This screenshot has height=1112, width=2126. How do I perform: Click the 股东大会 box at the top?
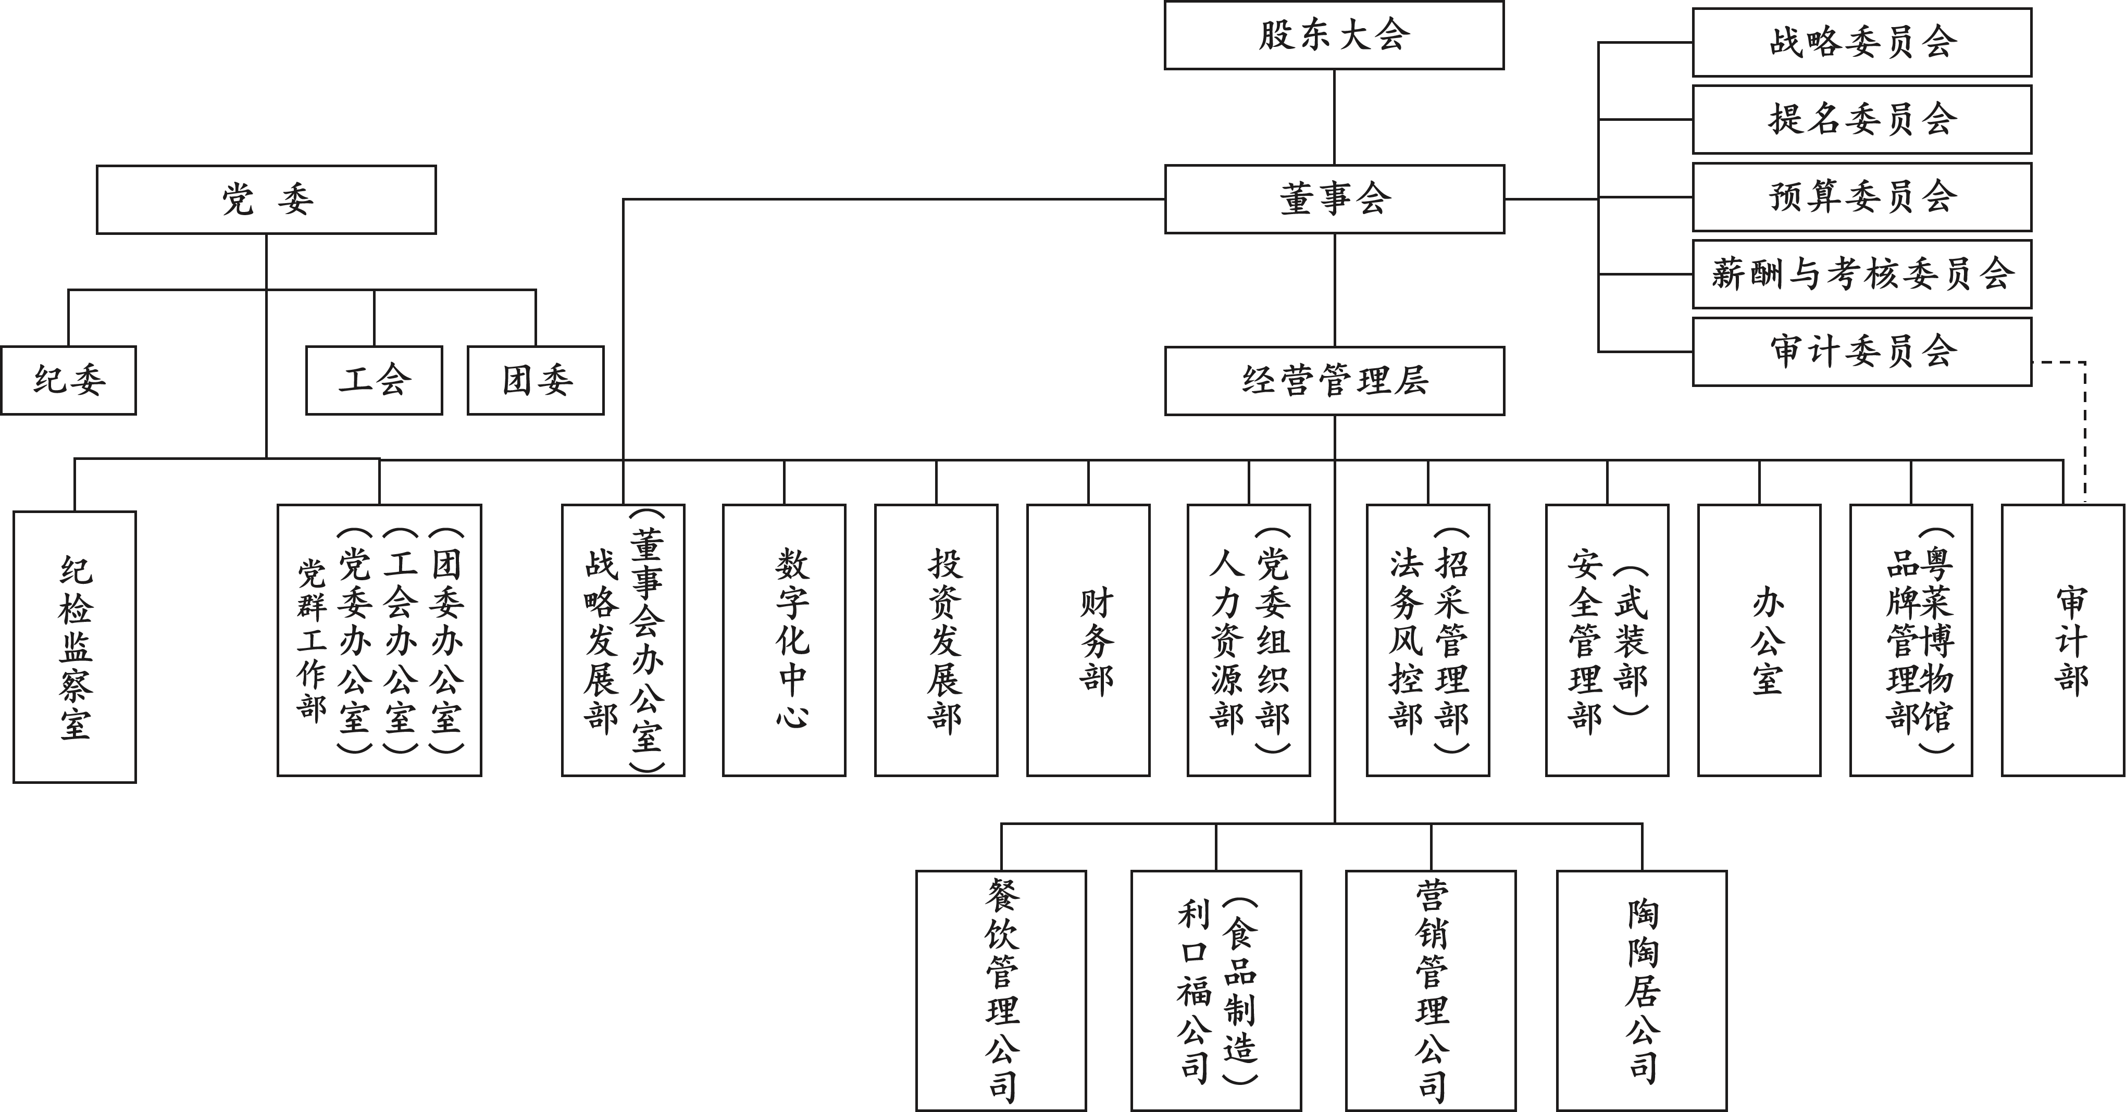(1334, 35)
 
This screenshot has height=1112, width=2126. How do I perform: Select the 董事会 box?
(1334, 199)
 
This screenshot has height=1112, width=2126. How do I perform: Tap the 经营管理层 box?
(1334, 380)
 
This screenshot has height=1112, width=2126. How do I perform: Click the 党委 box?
(266, 199)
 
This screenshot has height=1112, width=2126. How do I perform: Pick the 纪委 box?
(68, 380)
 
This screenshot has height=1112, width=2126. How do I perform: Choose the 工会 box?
(374, 380)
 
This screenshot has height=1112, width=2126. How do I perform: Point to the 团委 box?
(536, 380)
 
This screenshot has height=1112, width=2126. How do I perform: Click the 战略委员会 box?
(1862, 43)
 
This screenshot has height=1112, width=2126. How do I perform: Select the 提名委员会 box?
(1862, 120)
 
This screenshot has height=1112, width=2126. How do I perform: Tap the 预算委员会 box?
(1862, 197)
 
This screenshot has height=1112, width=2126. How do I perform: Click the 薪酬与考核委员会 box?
(1862, 274)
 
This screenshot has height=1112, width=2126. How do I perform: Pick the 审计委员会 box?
(1862, 352)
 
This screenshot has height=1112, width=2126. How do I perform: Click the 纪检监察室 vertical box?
(74, 647)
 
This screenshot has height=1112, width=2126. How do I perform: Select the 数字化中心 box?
(784, 640)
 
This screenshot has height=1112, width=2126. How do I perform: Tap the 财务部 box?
(1089, 640)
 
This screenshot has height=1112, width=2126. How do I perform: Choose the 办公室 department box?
(1760, 640)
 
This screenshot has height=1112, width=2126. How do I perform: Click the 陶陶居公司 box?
(1642, 990)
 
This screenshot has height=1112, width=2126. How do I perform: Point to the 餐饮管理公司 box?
(1001, 990)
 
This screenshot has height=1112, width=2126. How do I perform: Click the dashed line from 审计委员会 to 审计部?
(2085, 429)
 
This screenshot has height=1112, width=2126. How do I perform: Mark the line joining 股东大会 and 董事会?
(1335, 117)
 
